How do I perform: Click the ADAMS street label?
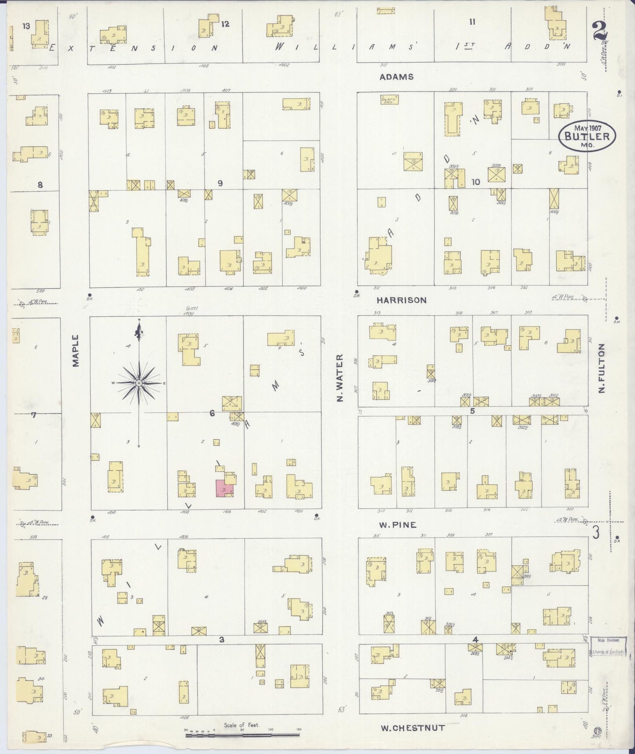point(396,77)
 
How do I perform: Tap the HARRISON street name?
point(402,300)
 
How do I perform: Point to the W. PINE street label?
point(398,525)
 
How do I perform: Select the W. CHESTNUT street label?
point(413,728)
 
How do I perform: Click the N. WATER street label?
point(339,378)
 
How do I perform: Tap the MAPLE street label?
point(76,350)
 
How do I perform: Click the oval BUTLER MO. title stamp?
point(587,136)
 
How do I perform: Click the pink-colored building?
point(224,488)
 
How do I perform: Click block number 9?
point(220,183)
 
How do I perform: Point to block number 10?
point(476,182)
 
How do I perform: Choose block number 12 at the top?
point(225,24)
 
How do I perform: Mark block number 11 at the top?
point(472,22)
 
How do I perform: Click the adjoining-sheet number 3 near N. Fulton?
point(596,533)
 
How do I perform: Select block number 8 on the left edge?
point(40,185)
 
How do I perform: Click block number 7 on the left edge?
point(33,414)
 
